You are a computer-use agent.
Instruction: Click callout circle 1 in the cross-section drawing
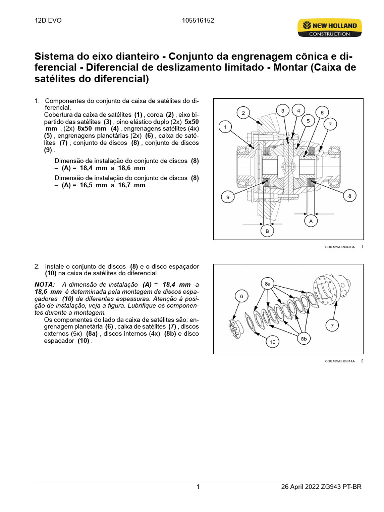(225, 127)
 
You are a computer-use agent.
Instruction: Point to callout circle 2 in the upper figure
(243, 113)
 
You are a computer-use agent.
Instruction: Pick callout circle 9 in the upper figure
(227, 197)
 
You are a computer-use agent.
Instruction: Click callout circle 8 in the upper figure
(350, 196)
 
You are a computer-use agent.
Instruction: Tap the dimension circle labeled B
(267, 231)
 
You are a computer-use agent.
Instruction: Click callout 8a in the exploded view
(267, 284)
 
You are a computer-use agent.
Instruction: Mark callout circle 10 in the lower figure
(272, 342)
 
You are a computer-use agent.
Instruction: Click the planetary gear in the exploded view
(236, 325)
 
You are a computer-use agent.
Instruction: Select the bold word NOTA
(44, 284)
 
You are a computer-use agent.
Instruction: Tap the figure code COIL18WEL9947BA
(339, 247)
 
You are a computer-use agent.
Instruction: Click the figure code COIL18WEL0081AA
(339, 360)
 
